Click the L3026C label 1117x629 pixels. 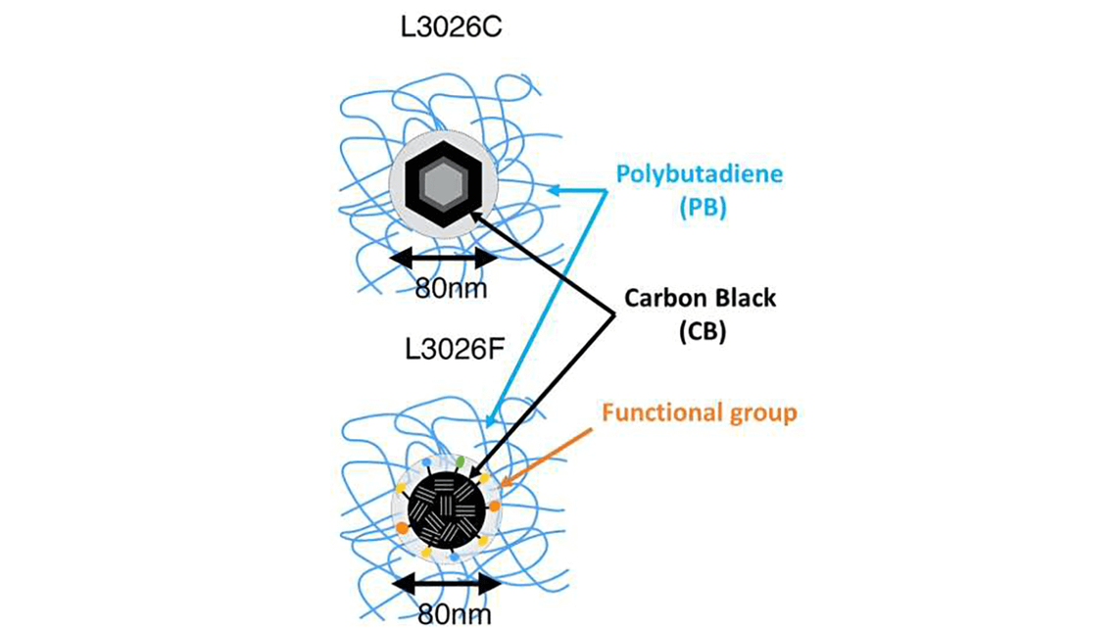tap(453, 27)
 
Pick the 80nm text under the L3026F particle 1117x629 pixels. tap(451, 614)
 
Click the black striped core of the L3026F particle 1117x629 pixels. tap(446, 508)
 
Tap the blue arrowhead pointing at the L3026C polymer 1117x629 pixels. tap(554, 191)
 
